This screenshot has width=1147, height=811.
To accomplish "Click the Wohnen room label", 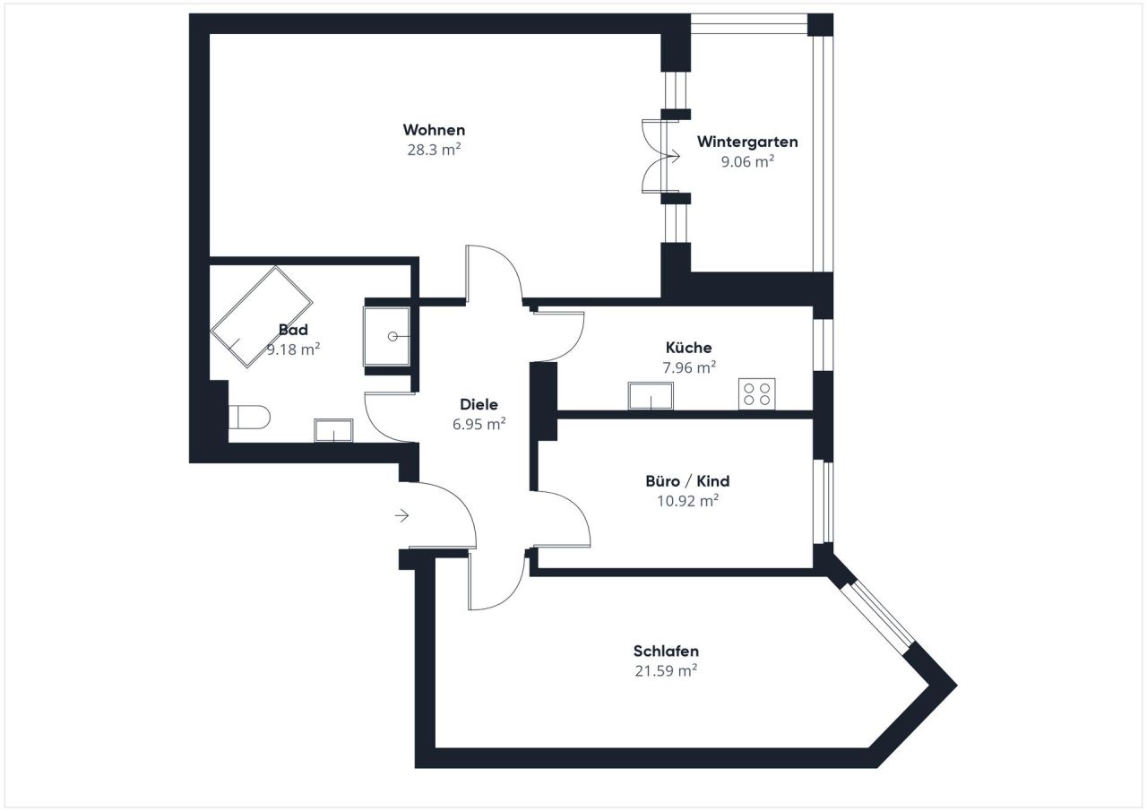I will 434,130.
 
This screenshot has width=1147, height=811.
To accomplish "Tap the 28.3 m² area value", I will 434,150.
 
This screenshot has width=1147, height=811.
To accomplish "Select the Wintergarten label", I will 747,142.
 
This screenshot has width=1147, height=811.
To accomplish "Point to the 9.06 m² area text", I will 747,161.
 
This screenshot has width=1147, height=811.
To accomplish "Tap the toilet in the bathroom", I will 249,418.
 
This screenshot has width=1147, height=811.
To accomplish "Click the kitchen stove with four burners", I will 757,394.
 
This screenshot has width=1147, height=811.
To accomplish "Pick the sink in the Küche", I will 651,395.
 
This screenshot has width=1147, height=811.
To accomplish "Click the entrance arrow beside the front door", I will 401,515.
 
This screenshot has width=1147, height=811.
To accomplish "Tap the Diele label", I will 479,404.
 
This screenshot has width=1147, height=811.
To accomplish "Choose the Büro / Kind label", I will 687,481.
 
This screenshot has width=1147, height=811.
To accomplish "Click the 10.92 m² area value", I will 687,501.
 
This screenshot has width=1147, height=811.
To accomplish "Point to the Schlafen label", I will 666,651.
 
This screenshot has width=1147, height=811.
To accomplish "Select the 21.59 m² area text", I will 666,670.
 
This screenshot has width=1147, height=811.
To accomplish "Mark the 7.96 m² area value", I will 688,367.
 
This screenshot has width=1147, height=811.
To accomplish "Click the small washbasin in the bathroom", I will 333,431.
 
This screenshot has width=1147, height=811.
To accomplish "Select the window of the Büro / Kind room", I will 824,502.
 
